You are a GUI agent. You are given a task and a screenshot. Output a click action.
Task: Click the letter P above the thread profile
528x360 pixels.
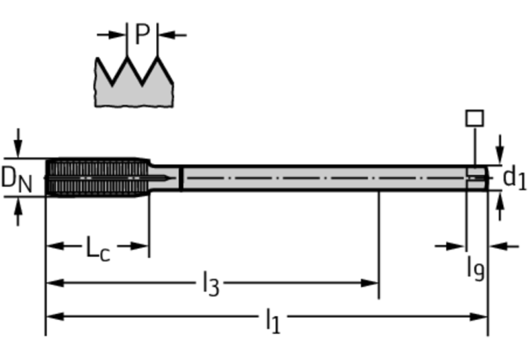[x=142, y=33]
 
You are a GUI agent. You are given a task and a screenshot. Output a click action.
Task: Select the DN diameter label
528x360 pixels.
[x=16, y=178]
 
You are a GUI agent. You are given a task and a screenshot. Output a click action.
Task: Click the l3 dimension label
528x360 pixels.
[x=211, y=283]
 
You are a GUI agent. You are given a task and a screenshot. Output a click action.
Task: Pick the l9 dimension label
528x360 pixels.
[x=474, y=266]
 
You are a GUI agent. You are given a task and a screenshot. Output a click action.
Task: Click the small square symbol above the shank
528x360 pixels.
[x=474, y=118]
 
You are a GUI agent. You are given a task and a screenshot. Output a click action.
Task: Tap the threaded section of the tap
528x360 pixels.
[x=96, y=178]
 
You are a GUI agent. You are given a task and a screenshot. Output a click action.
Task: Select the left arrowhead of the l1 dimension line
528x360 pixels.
[x=52, y=317]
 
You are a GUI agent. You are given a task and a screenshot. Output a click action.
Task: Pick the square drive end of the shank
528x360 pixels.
[x=476, y=178]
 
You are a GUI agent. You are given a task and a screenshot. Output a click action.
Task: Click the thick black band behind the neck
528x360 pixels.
[x=180, y=178]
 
